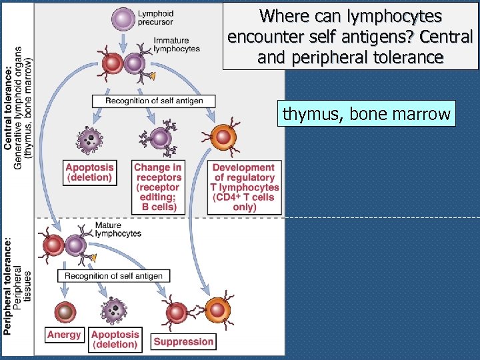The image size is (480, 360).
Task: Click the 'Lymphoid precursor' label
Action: (x=156, y=18)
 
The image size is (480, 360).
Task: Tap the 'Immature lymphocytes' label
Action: (x=176, y=45)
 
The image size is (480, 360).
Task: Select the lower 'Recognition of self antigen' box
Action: (x=113, y=275)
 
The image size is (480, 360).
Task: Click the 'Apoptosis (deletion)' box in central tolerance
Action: (x=89, y=172)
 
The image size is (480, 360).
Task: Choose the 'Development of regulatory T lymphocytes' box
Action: (x=244, y=187)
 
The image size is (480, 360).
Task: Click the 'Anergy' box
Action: (x=64, y=335)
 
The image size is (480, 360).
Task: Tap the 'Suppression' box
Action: (x=183, y=341)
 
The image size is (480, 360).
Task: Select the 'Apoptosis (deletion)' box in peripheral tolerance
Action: (x=115, y=339)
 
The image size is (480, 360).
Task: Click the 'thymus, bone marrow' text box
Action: (x=366, y=114)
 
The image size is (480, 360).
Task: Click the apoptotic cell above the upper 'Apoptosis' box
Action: (x=89, y=139)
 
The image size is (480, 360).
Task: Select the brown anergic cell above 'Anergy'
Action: (x=65, y=311)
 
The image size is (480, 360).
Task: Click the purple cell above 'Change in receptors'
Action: (x=160, y=139)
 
